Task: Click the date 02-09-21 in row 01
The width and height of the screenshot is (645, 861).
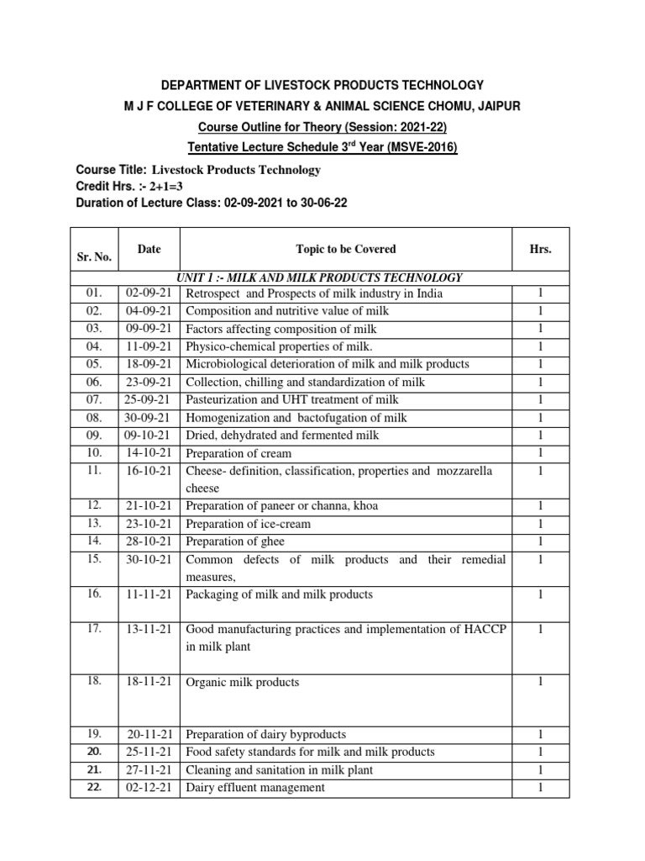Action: click(148, 293)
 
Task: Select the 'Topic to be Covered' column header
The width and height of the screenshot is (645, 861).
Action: click(346, 250)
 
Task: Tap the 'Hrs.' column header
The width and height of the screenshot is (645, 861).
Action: click(540, 250)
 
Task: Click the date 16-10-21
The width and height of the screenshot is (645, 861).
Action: click(148, 471)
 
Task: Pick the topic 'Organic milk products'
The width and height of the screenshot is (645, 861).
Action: click(242, 683)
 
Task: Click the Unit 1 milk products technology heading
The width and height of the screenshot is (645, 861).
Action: click(318, 277)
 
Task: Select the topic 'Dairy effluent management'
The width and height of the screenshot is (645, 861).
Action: click(254, 788)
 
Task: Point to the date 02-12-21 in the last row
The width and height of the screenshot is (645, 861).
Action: click(148, 788)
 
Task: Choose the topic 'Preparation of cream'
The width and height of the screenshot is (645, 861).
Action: click(239, 453)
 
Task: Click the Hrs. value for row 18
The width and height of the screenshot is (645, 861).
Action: click(540, 682)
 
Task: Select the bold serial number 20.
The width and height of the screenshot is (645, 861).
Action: click(93, 752)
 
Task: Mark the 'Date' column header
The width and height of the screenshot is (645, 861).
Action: click(149, 249)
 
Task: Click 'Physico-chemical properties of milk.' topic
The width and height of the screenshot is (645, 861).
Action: click(279, 346)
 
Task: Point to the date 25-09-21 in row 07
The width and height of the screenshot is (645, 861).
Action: click(148, 399)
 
